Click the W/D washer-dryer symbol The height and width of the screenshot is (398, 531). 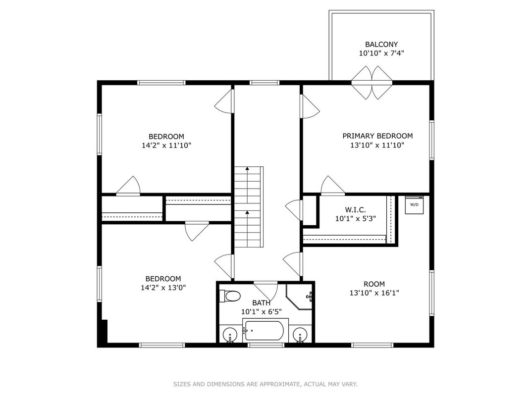(414, 204)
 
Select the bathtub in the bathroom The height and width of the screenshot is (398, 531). (265, 330)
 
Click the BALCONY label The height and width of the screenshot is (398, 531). (381, 45)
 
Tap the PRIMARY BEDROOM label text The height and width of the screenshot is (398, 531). (377, 136)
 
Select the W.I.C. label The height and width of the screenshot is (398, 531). (355, 210)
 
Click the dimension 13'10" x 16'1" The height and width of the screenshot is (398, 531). (374, 293)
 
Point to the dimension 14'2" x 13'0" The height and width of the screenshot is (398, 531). (163, 288)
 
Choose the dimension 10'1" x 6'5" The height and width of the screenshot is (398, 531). (262, 311)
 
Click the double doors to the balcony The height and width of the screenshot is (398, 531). (372, 83)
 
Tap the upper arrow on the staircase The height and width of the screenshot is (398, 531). (248, 185)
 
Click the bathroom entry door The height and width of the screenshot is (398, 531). (266, 291)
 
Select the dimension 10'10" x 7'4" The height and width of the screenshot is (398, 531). (381, 53)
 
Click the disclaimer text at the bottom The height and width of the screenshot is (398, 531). (265, 384)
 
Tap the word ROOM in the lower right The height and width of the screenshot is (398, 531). (374, 284)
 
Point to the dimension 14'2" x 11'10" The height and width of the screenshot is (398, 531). (166, 146)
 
